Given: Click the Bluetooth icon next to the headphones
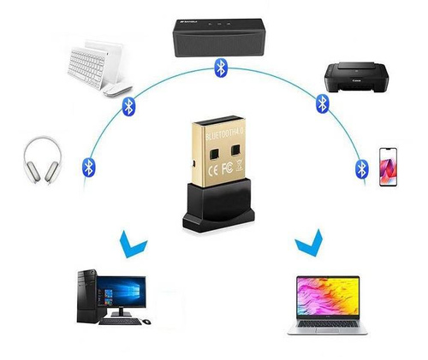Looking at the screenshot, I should pos(86,165).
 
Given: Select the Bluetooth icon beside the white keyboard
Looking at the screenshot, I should pos(129,105).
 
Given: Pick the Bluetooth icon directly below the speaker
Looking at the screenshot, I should pos(221,67).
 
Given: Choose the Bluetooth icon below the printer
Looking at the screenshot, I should pos(323,103).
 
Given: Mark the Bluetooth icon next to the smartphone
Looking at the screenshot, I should pos(361,166).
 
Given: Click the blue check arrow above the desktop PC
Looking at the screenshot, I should pos(130,245).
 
